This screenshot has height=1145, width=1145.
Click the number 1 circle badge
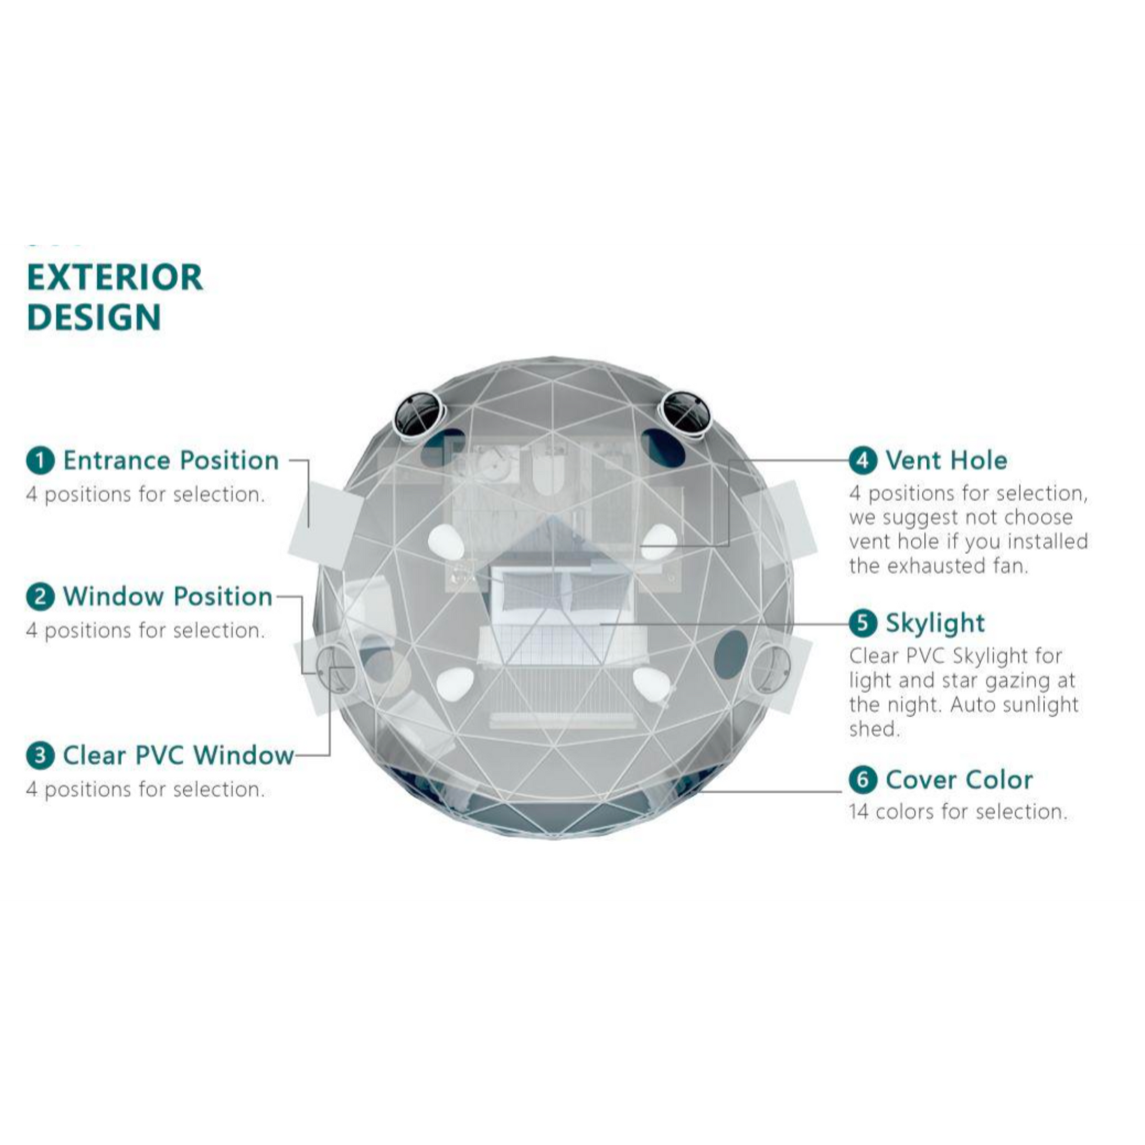coord(40,461)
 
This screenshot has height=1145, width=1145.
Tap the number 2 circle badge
coord(40,597)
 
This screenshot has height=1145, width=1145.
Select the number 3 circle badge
coord(40,755)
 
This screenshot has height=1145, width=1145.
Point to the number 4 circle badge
coord(863,461)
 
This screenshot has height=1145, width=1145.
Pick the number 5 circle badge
coord(863,623)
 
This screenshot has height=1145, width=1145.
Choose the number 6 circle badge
coord(863,780)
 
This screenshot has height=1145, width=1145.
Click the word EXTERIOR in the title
coord(115,277)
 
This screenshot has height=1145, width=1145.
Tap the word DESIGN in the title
coord(94,317)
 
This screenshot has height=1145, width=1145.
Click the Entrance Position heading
coord(171,461)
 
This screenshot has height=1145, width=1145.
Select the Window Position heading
coord(168,597)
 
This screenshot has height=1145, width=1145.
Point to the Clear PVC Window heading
coord(178,755)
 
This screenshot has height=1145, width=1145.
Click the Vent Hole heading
coord(947,461)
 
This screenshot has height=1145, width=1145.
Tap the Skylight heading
coord(935,624)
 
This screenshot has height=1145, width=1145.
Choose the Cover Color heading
coord(959,780)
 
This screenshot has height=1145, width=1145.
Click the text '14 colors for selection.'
coord(958,811)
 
